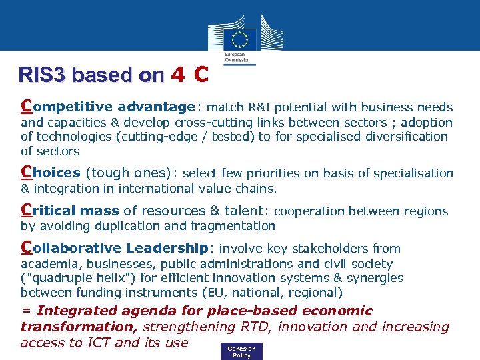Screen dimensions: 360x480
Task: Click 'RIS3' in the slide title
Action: tap(43, 75)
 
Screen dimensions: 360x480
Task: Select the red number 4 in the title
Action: tap(177, 75)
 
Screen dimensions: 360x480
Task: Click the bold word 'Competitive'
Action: tap(67, 107)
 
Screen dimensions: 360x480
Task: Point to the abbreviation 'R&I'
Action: tap(259, 107)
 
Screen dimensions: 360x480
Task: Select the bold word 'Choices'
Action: tap(51, 173)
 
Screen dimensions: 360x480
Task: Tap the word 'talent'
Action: tap(243, 211)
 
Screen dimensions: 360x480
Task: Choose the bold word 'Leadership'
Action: tap(167, 248)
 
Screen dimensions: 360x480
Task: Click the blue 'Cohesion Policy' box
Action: tap(241, 352)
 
